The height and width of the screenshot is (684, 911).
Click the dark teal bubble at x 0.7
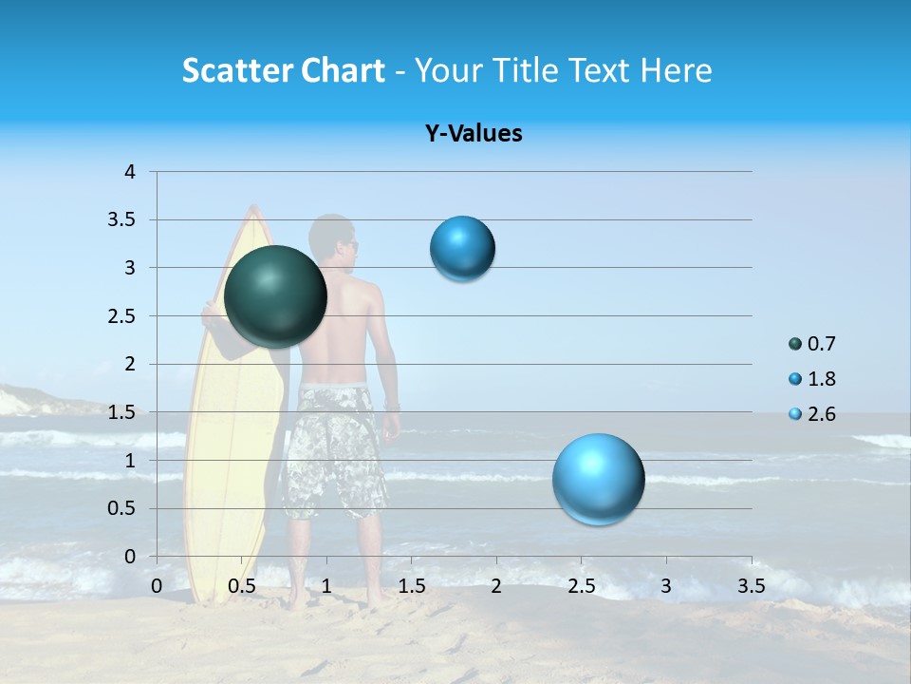coord(275,296)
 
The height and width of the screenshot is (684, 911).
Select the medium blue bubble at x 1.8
coord(462,249)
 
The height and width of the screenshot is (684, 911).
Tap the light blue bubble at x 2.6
coord(598,479)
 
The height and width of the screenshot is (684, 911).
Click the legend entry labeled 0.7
coord(812,344)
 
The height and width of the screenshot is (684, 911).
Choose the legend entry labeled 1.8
coord(812,379)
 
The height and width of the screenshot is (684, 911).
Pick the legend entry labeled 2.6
coord(812,414)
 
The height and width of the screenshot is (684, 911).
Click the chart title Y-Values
coord(474,133)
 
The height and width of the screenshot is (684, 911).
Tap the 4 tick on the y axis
coord(130,172)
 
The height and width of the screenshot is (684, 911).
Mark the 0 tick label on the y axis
coord(130,557)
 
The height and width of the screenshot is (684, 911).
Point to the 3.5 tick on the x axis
coord(751,586)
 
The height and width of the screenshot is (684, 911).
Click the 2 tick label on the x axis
coord(496,586)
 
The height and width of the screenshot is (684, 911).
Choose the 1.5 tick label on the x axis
coord(412,586)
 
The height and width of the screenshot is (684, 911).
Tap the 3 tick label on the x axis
coord(666,586)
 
